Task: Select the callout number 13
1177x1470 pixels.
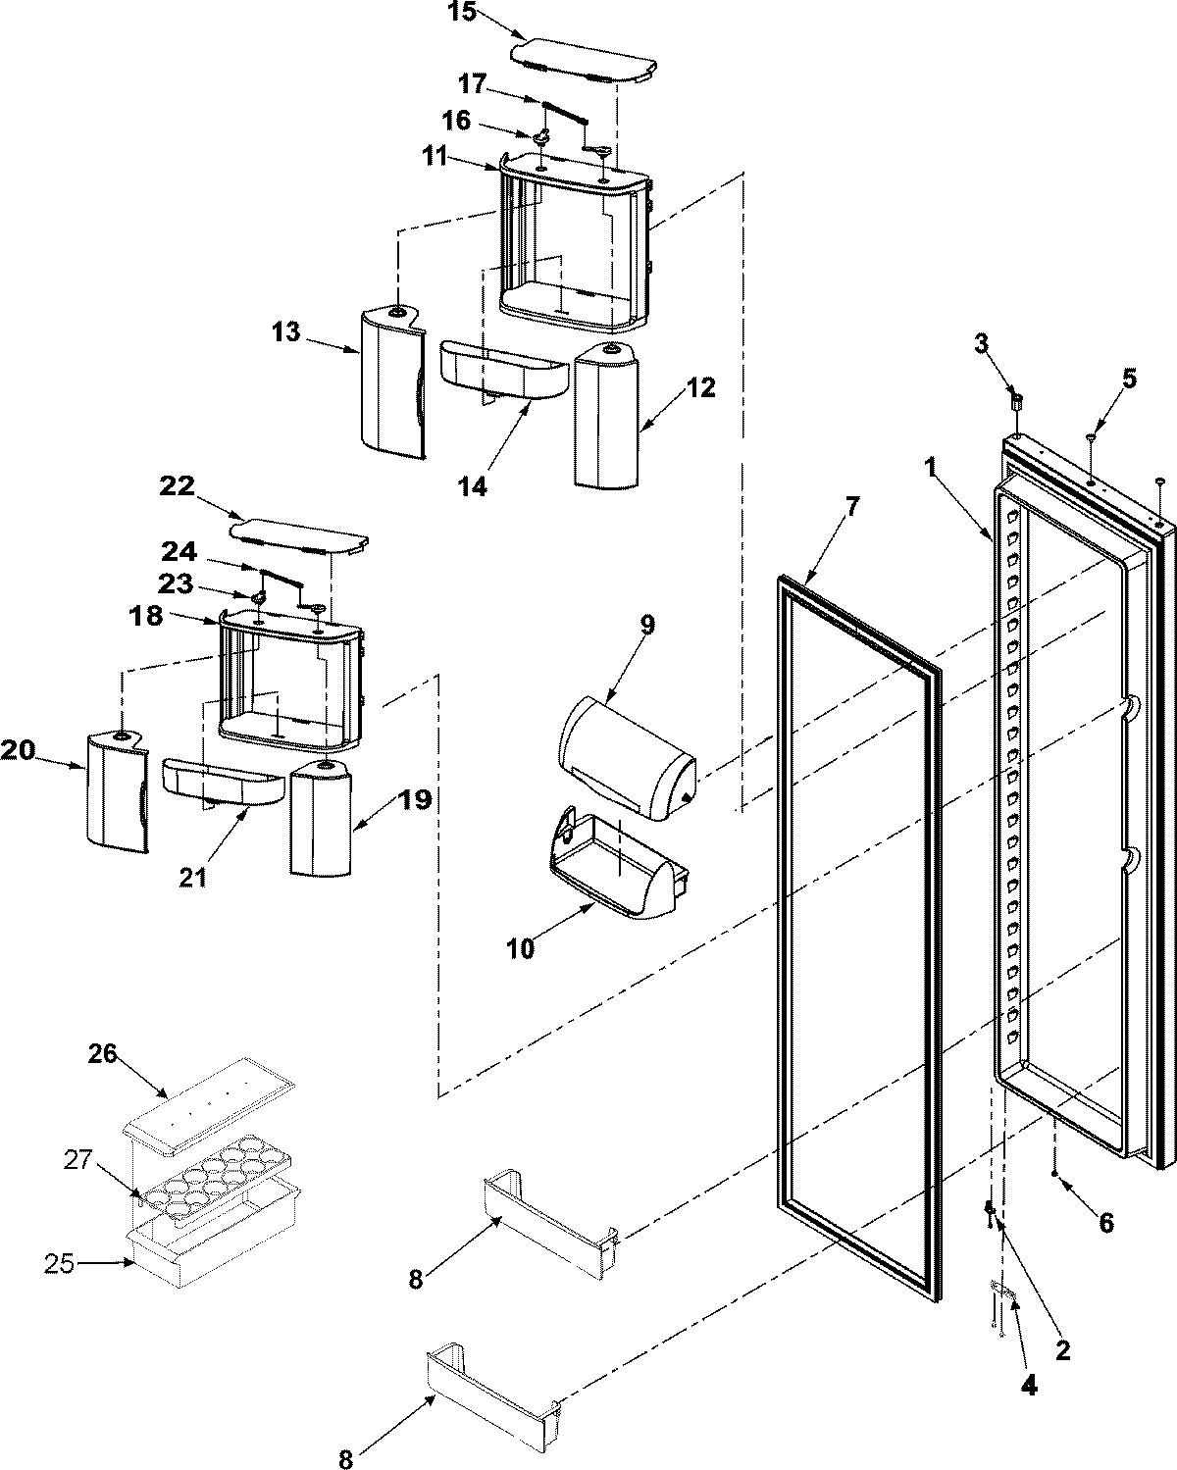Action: pos(285,332)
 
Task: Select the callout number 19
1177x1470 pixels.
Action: pos(415,800)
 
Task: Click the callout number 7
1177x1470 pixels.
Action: pos(851,507)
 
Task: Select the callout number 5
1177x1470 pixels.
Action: pos(1130,379)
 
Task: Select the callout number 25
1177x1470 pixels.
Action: pos(59,1264)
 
